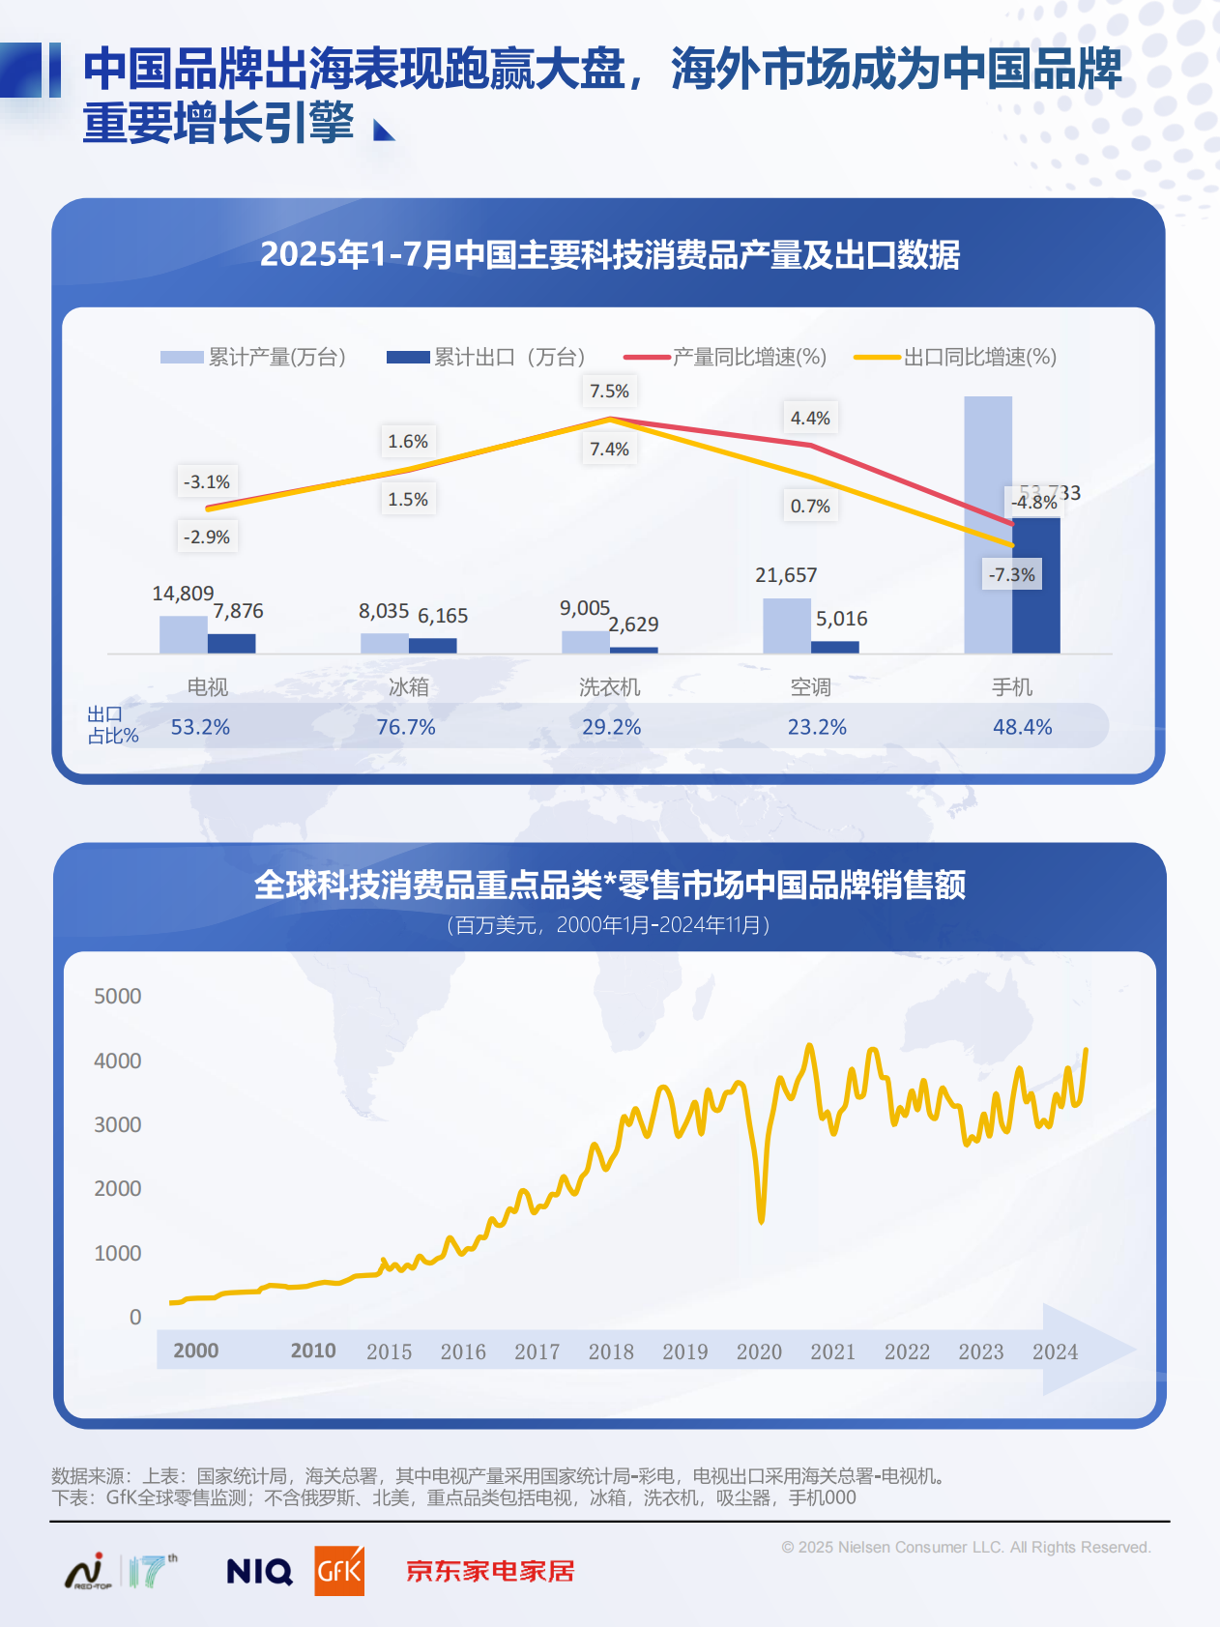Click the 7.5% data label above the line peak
(609, 392)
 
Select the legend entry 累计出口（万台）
(486, 358)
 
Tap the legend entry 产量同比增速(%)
(726, 358)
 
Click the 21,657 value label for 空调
(786, 575)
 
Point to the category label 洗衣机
(609, 687)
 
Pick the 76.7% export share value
(406, 727)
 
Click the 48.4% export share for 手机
(1022, 727)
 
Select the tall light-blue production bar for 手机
(987, 522)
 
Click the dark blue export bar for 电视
(232, 643)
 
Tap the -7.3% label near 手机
(1011, 575)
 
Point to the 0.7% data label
(810, 507)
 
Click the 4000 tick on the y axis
(118, 1061)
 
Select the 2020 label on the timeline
(759, 1352)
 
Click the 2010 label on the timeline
(313, 1351)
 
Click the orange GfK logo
(339, 1571)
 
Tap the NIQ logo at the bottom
(259, 1571)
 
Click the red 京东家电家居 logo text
(490, 1571)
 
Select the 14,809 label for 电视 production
(183, 594)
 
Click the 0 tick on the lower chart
(135, 1318)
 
